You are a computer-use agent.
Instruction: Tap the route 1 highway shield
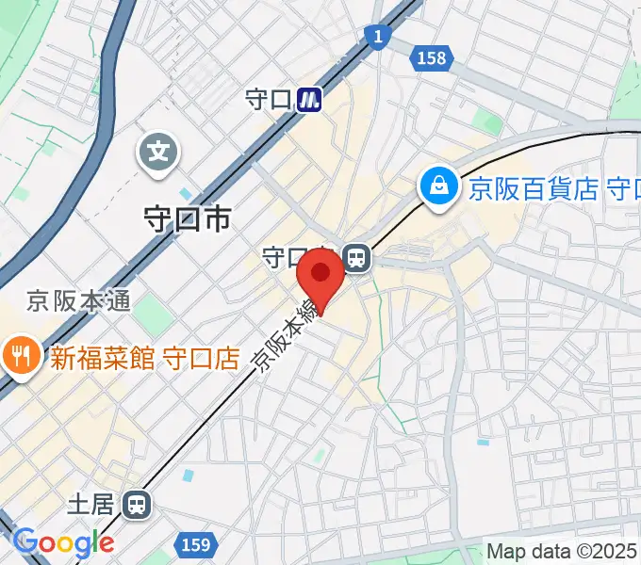point(377,37)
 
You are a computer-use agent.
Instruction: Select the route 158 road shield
point(430,58)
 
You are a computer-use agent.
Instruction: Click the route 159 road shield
point(195,544)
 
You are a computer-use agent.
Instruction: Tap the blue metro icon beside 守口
point(309,99)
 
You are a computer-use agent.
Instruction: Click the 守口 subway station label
point(269,99)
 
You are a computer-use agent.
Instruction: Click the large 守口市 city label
point(186,218)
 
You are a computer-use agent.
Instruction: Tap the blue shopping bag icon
point(439,186)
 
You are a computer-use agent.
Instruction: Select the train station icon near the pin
point(356,256)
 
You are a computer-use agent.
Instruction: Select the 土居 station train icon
point(139,506)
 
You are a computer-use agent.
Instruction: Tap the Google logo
point(63,542)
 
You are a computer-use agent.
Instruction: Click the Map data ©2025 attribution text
point(563,552)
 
